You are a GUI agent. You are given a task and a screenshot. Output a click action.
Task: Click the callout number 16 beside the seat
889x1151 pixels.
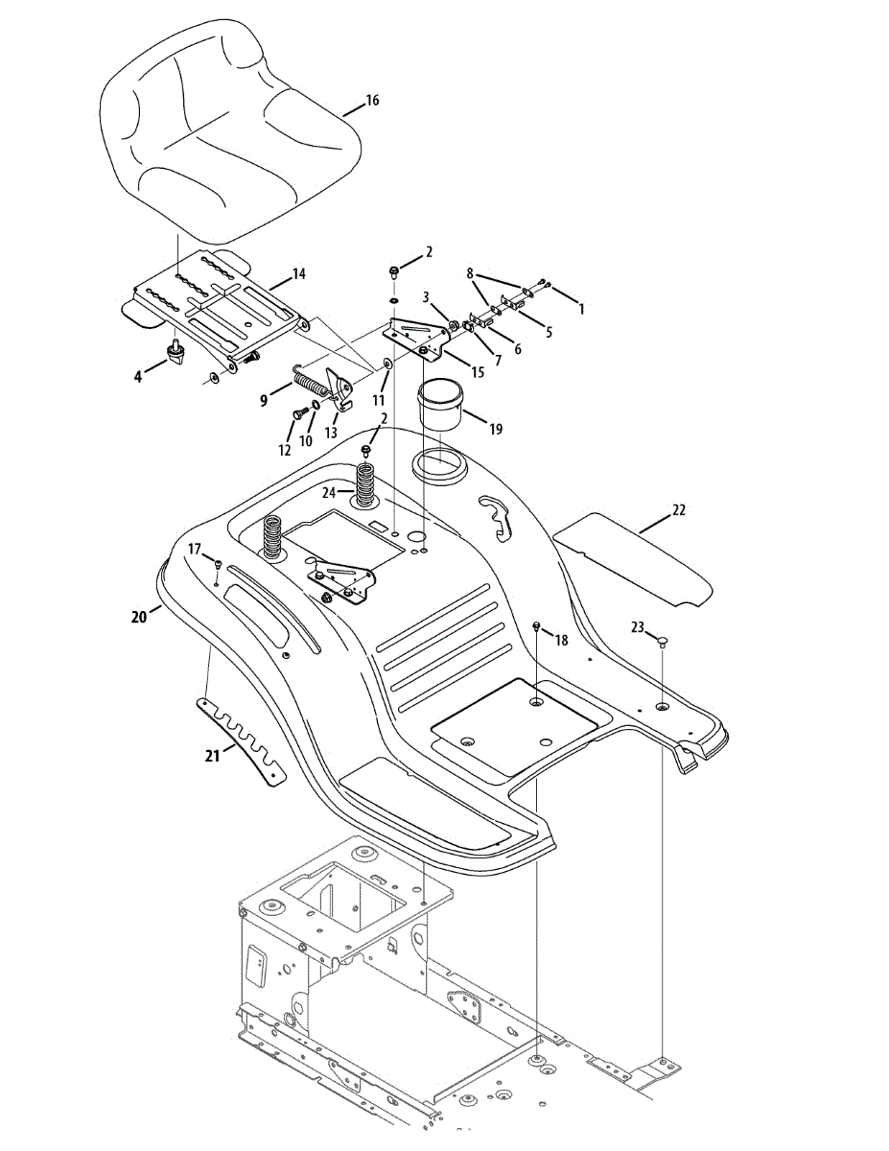coord(372,100)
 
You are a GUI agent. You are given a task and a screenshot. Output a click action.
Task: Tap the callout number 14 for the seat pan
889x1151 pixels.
coord(298,274)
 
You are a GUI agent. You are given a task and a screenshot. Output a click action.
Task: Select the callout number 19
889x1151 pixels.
coord(495,429)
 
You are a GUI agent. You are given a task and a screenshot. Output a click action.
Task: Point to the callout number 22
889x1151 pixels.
coord(679,510)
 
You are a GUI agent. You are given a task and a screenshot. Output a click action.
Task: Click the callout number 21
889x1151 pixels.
coord(213,756)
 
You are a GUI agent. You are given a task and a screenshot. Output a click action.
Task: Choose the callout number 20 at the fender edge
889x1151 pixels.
coord(140,618)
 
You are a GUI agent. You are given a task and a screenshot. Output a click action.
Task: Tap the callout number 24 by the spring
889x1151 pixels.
coord(330,493)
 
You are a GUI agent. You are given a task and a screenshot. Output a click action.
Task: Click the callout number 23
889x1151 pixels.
coord(637,628)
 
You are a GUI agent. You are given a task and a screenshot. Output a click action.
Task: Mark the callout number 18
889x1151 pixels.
coord(562,639)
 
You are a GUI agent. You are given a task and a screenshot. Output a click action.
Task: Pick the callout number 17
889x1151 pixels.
coord(195,550)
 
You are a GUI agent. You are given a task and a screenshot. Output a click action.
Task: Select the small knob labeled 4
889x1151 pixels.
coord(177,354)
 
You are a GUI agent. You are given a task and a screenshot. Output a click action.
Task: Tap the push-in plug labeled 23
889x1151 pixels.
coord(663,644)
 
